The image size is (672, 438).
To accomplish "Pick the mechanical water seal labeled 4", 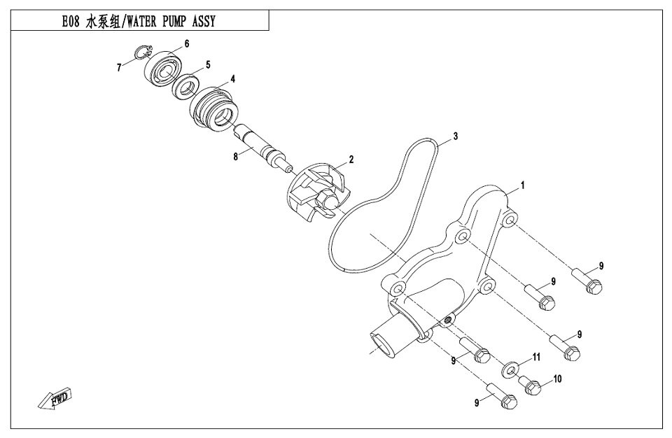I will (x=215, y=108).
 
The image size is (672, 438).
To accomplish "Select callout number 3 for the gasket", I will (x=455, y=136).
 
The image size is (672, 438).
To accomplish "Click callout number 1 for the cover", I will (x=521, y=187).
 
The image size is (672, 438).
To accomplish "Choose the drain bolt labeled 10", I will (x=533, y=384).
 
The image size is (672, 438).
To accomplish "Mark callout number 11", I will (x=536, y=357).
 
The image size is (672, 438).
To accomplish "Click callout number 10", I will (x=558, y=380).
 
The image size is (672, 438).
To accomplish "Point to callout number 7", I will (x=120, y=68).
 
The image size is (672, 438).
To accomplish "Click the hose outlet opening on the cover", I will (x=380, y=343).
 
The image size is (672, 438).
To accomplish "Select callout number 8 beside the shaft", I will (x=236, y=157).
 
